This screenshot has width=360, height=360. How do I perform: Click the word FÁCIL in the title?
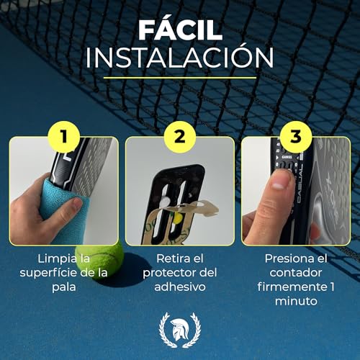pyautogui.click(x=180, y=30)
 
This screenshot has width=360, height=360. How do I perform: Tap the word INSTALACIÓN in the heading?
pyautogui.click(x=180, y=57)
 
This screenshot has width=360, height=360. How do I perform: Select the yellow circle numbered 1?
pyautogui.click(x=64, y=137)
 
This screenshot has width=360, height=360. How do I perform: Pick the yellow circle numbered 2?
pyautogui.click(x=180, y=137)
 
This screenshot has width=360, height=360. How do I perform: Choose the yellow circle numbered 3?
pyautogui.click(x=296, y=137)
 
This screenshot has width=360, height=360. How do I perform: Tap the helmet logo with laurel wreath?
pyautogui.click(x=180, y=330)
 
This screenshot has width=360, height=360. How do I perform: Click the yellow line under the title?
pyautogui.click(x=180, y=78)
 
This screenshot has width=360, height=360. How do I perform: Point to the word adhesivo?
pyautogui.click(x=180, y=287)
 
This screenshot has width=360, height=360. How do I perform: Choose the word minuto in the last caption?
pyautogui.click(x=296, y=301)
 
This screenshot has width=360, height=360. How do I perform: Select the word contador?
pyautogui.click(x=296, y=273)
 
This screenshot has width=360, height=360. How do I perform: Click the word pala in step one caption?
pyautogui.click(x=64, y=287)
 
